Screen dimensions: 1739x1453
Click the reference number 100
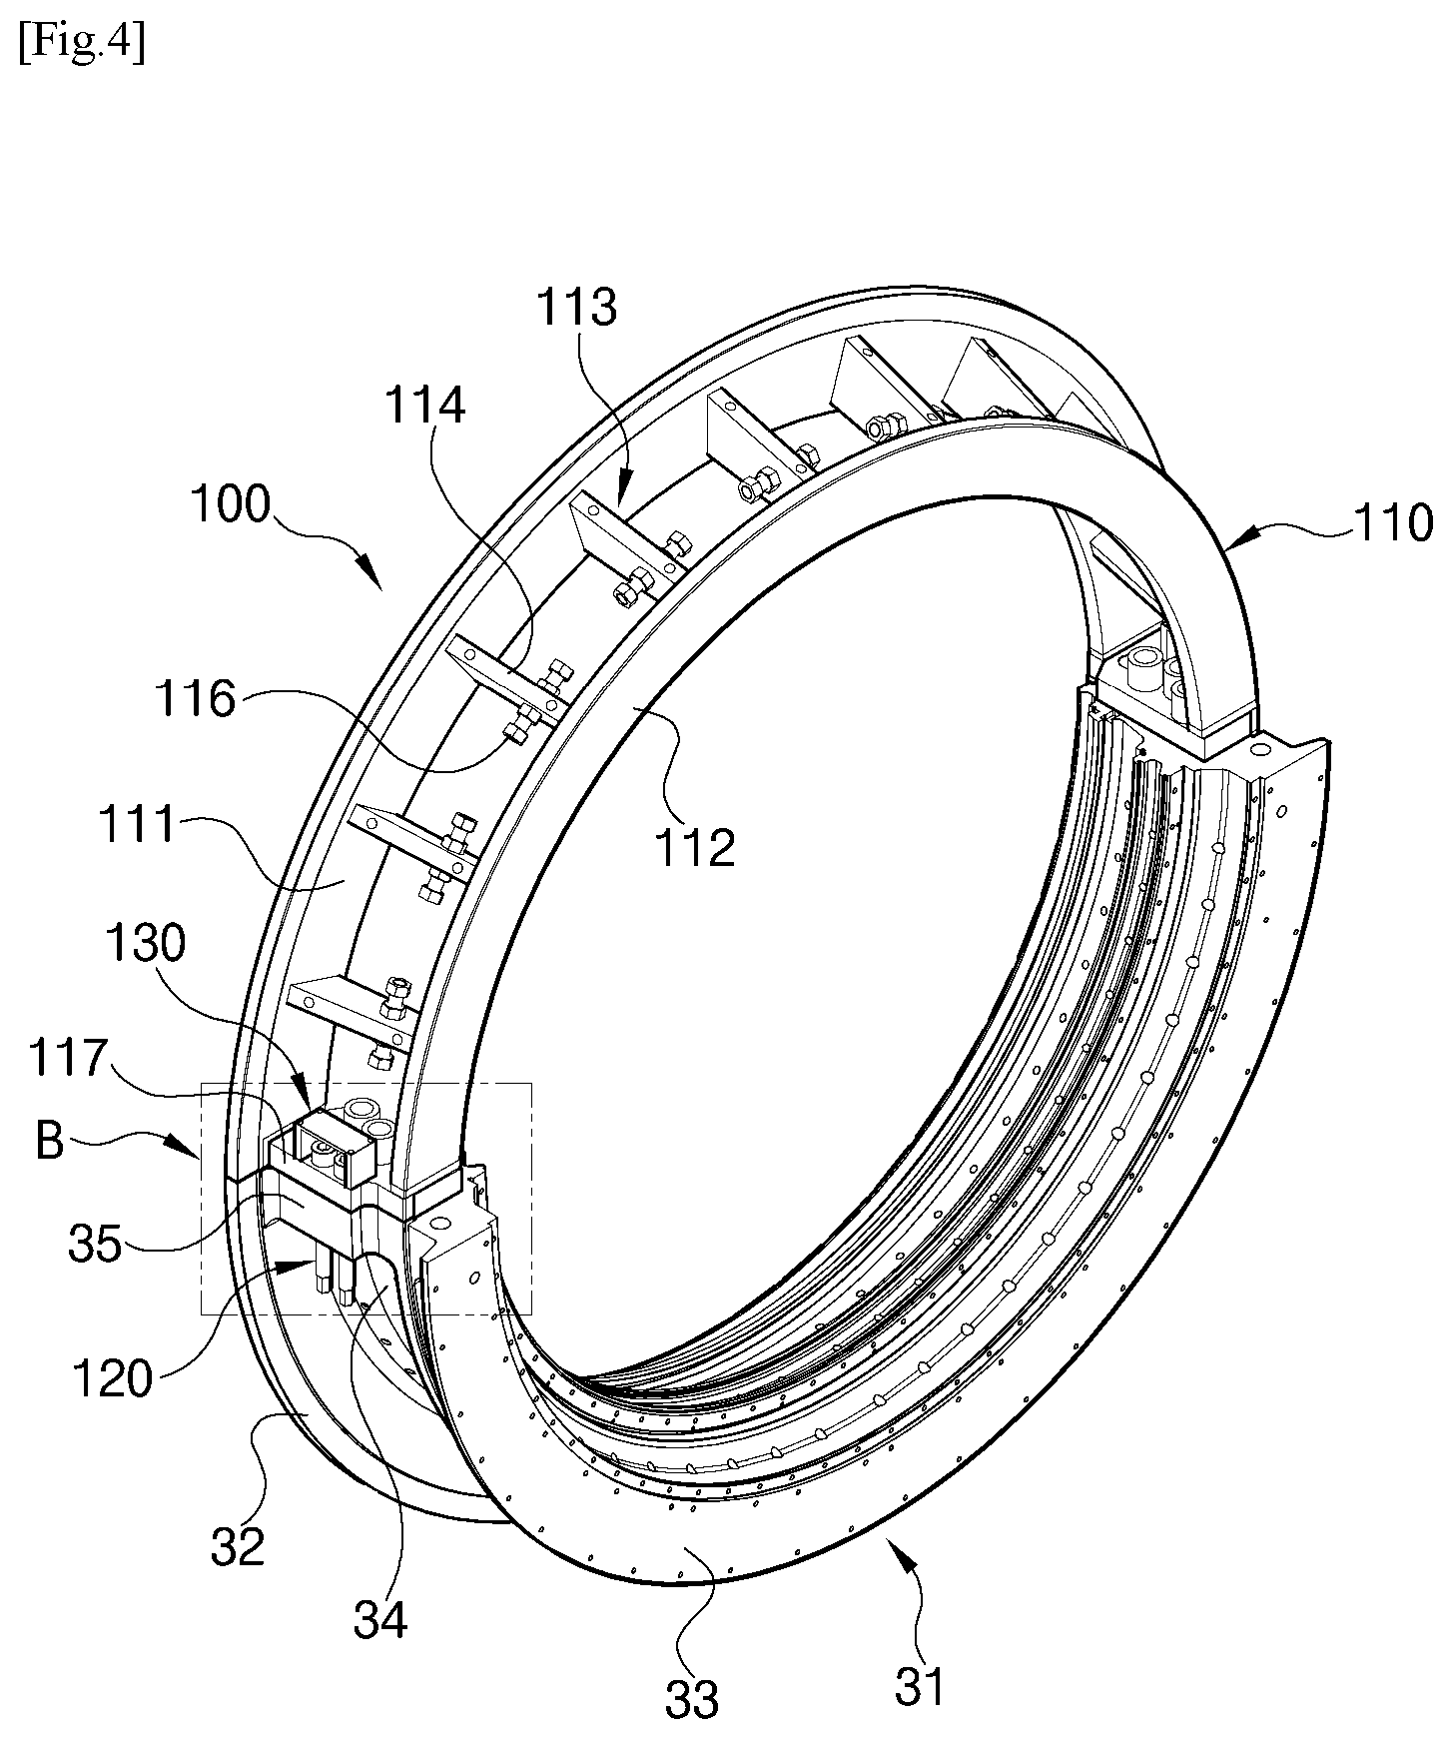tap(230, 504)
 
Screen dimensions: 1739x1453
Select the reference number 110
tap(1391, 522)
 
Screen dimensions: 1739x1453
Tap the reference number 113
tap(577, 307)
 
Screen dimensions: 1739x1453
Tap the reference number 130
tap(145, 942)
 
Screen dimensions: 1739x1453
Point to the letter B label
tap(50, 1142)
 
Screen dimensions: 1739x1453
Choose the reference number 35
tap(95, 1245)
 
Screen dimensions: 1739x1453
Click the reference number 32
tap(238, 1545)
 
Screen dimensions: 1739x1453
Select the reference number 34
tap(380, 1619)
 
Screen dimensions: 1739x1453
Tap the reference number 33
tap(691, 1697)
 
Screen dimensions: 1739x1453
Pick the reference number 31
tap(919, 1686)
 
